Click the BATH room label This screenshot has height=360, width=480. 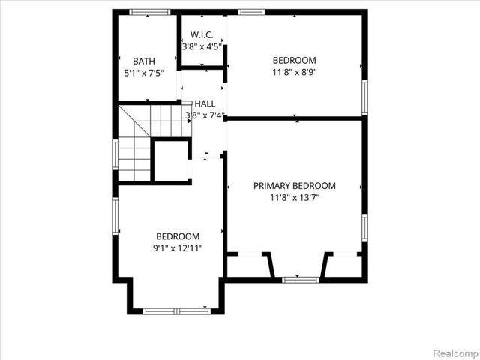coord(143,61)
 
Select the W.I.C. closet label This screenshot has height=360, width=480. coord(201,34)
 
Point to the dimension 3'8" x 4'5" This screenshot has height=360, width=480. coord(201,46)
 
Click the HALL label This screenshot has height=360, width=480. coord(205,103)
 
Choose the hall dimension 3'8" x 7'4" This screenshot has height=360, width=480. coord(205,115)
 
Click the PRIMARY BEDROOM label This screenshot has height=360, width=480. coord(294,186)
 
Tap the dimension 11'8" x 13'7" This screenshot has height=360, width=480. coord(294,198)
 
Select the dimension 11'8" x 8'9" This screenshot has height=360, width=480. coord(294,73)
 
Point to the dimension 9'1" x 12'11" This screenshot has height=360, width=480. coord(178,247)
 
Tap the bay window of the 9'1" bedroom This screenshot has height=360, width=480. coord(175,310)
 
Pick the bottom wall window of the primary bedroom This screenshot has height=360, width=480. coord(300,280)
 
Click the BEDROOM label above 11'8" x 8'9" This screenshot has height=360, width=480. coord(294,61)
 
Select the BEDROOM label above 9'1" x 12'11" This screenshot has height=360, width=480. coord(178,235)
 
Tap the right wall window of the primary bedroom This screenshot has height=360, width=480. coord(364,226)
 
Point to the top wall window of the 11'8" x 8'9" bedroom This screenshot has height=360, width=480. coord(251,12)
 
